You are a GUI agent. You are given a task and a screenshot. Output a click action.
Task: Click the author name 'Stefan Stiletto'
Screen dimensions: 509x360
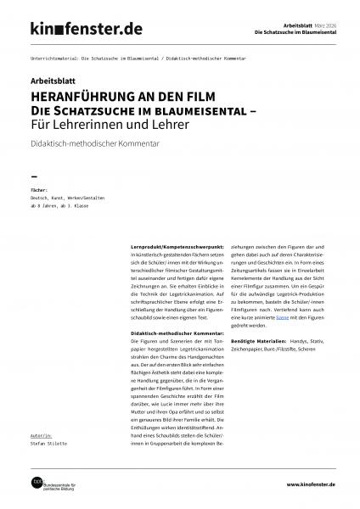[x=50, y=440]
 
